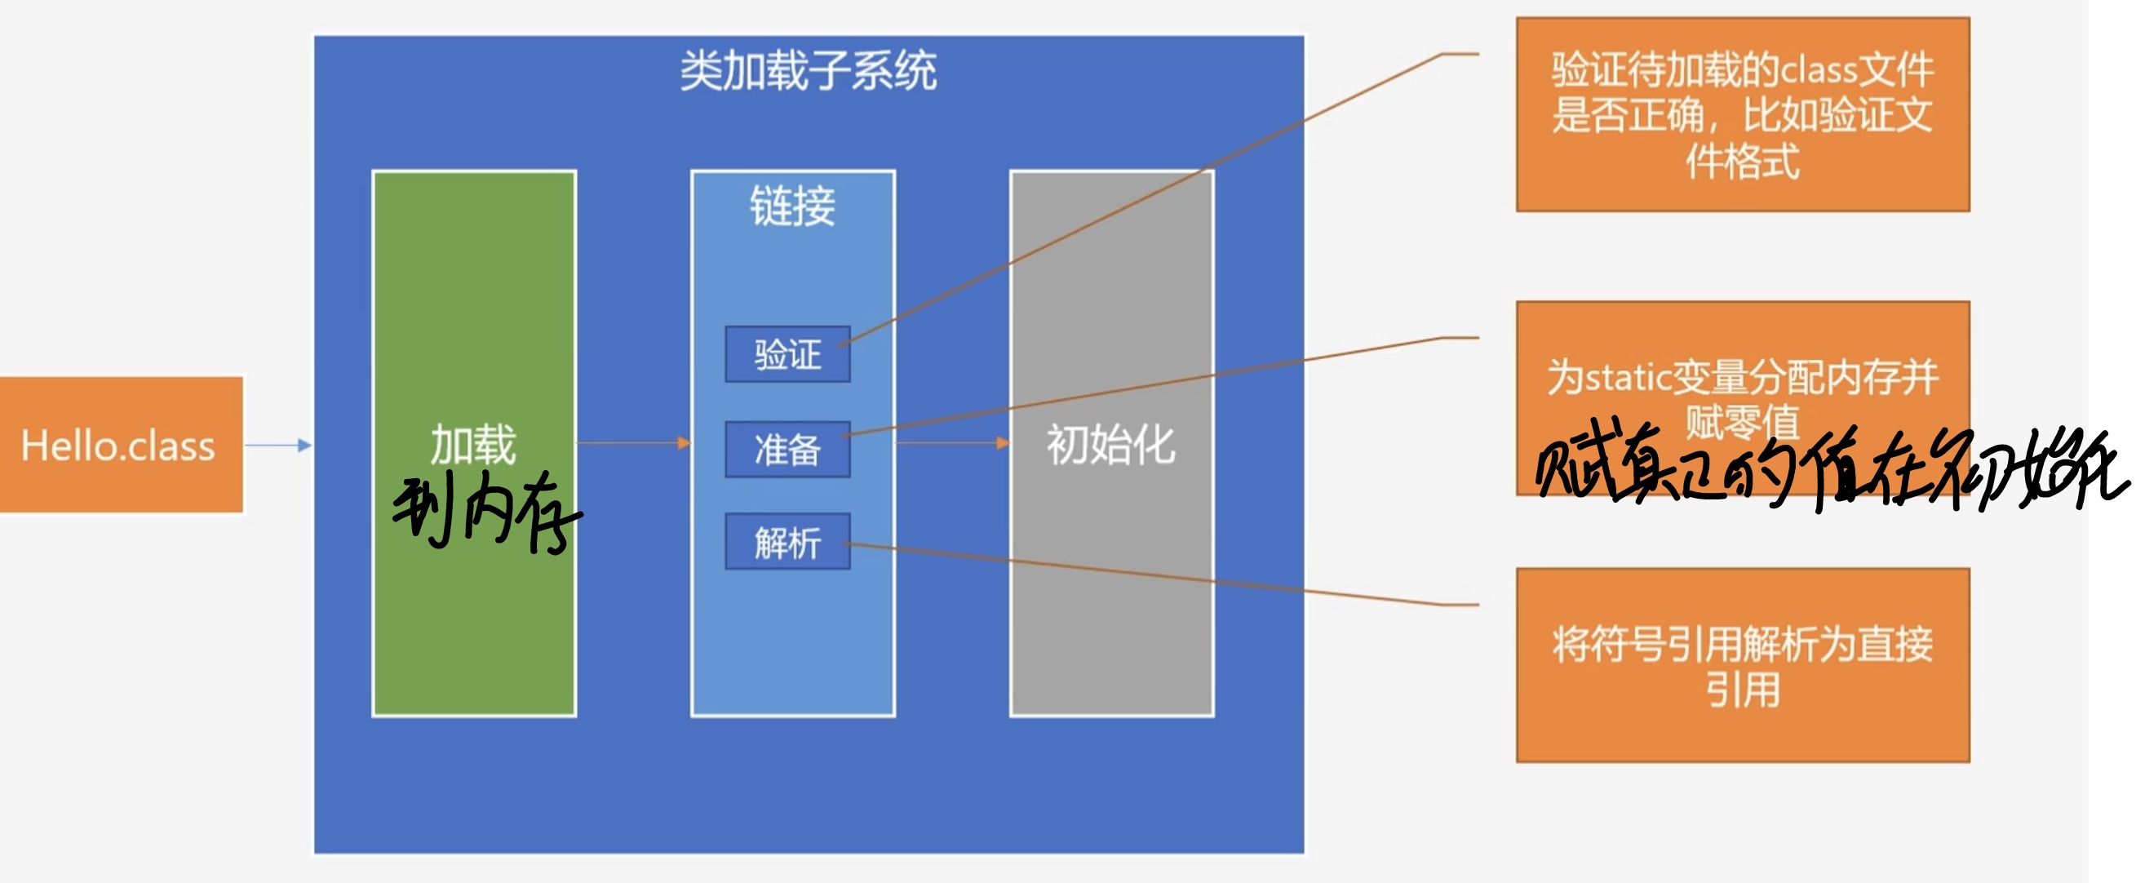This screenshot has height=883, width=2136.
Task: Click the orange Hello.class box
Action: click(121, 446)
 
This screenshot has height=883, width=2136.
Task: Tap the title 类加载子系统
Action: click(809, 71)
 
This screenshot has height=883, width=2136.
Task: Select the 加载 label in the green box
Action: click(473, 445)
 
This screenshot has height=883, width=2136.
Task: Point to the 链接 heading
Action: click(792, 206)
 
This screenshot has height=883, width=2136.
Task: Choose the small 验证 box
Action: click(787, 355)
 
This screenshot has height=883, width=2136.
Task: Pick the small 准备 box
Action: click(787, 450)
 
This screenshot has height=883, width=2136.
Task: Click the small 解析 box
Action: click(787, 542)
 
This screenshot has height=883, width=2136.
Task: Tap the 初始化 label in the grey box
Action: click(1111, 445)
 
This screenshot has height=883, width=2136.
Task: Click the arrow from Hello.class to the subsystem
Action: click(278, 446)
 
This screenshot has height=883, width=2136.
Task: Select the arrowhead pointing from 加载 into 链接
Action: click(684, 443)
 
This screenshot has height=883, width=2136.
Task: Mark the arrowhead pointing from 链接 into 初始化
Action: click(1004, 443)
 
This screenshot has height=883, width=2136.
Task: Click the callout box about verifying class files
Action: click(1742, 114)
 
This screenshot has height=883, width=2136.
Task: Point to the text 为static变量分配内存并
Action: click(1742, 378)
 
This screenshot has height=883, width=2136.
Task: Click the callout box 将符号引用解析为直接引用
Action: click(1742, 665)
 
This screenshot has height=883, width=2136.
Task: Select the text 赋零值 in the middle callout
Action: click(1742, 421)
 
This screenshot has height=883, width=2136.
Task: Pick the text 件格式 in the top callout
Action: click(1742, 161)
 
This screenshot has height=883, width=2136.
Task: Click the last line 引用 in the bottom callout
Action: click(1742, 690)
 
